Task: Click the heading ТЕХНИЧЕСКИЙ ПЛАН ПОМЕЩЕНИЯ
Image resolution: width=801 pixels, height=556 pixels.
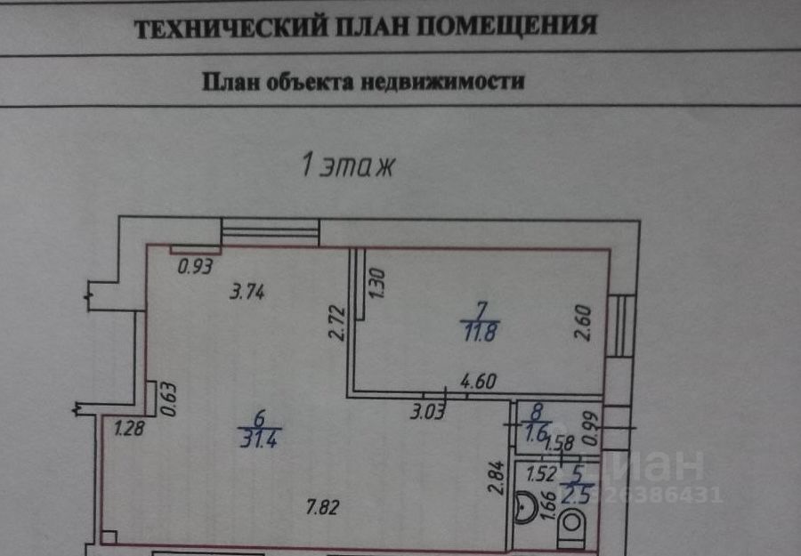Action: (x=365, y=27)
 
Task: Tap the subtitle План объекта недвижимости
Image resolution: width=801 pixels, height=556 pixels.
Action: (x=364, y=82)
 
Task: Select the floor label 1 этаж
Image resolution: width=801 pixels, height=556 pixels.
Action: (x=347, y=165)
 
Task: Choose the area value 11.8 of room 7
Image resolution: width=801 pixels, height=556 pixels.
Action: (x=481, y=334)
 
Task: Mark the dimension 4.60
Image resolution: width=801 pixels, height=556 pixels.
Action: (x=477, y=382)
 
